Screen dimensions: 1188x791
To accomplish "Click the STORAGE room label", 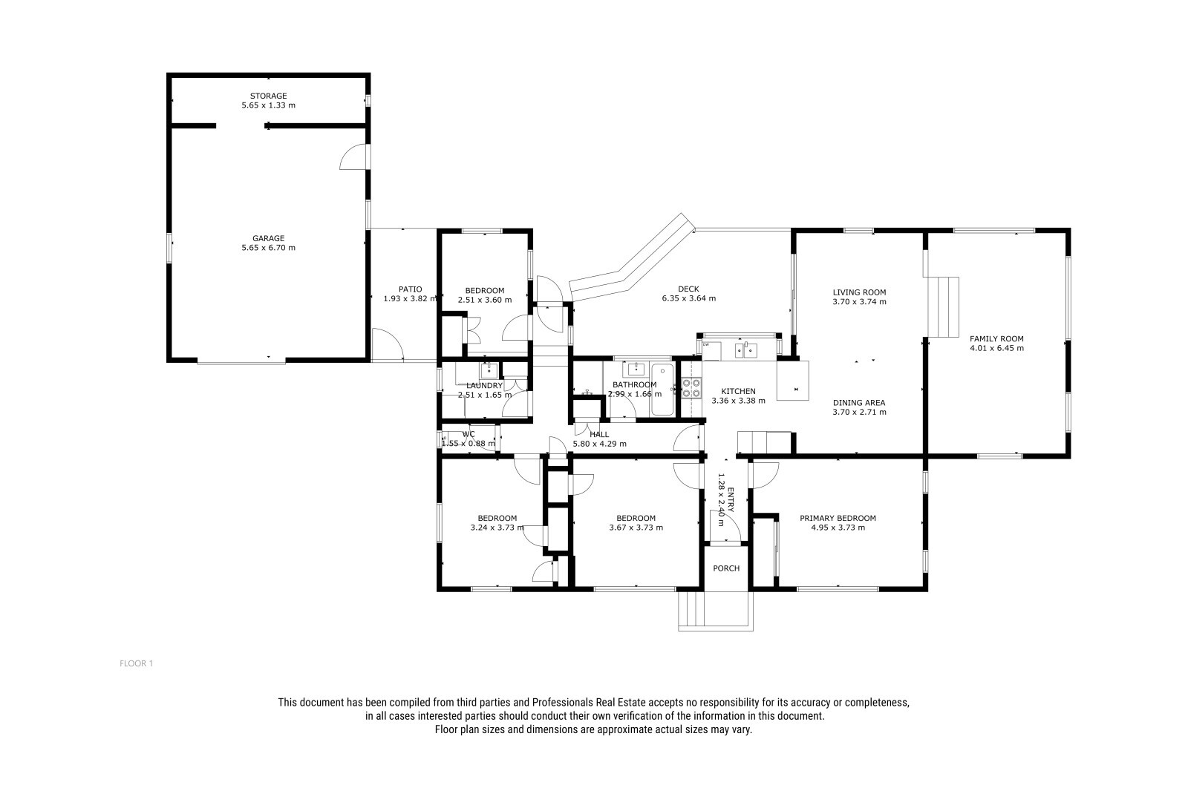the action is (x=268, y=96).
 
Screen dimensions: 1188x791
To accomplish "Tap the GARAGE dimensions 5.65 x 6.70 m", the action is (x=268, y=248).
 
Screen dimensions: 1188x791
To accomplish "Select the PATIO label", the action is (x=411, y=289).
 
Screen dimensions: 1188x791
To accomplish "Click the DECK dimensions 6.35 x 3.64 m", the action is (x=688, y=298).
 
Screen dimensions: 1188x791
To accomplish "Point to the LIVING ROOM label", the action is (x=859, y=292).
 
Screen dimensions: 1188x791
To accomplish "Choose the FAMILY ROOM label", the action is (x=996, y=339).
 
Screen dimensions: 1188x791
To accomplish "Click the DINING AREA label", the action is (x=859, y=403).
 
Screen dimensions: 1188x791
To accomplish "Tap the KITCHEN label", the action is (x=738, y=391).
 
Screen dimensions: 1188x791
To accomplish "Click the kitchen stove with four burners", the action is (x=691, y=387).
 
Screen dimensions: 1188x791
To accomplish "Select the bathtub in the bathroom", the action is (x=662, y=390).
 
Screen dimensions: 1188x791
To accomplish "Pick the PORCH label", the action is (x=726, y=568).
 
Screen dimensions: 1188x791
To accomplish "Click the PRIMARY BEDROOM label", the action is (x=838, y=519).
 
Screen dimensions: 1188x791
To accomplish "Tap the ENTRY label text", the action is (x=731, y=499).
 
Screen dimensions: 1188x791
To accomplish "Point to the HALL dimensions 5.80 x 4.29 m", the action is (x=599, y=444).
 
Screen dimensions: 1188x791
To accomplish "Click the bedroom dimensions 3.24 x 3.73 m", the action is (x=497, y=528).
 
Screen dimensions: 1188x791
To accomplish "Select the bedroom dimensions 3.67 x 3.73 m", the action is (x=636, y=528).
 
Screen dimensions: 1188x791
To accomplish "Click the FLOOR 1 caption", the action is (x=137, y=663).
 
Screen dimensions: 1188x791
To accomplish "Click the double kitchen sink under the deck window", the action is (x=745, y=350).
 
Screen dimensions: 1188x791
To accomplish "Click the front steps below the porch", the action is (x=716, y=611).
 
